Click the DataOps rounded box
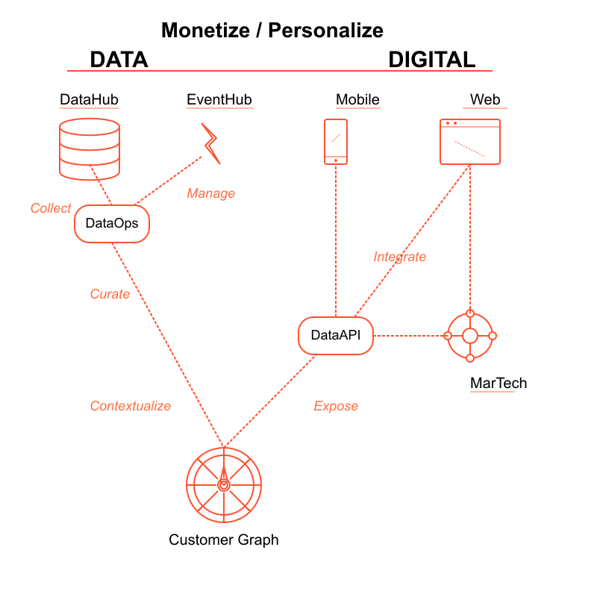[x=112, y=223]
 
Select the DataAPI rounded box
[x=335, y=335]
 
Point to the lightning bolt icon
[x=211, y=143]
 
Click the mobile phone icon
[x=336, y=141]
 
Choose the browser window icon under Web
[x=470, y=142]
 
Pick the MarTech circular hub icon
[x=470, y=336]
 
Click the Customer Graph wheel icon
[x=223, y=485]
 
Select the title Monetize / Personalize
[x=272, y=31]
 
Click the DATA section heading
[x=119, y=60]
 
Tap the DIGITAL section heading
[x=431, y=60]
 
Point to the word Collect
[x=51, y=208]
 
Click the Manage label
[x=210, y=193]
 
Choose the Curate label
[x=110, y=294]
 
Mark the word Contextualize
[x=131, y=406]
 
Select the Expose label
[x=336, y=406]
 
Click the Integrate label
[x=400, y=257]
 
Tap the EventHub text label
[x=219, y=100]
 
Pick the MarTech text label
[x=498, y=384]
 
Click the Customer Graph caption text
[x=224, y=540]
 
